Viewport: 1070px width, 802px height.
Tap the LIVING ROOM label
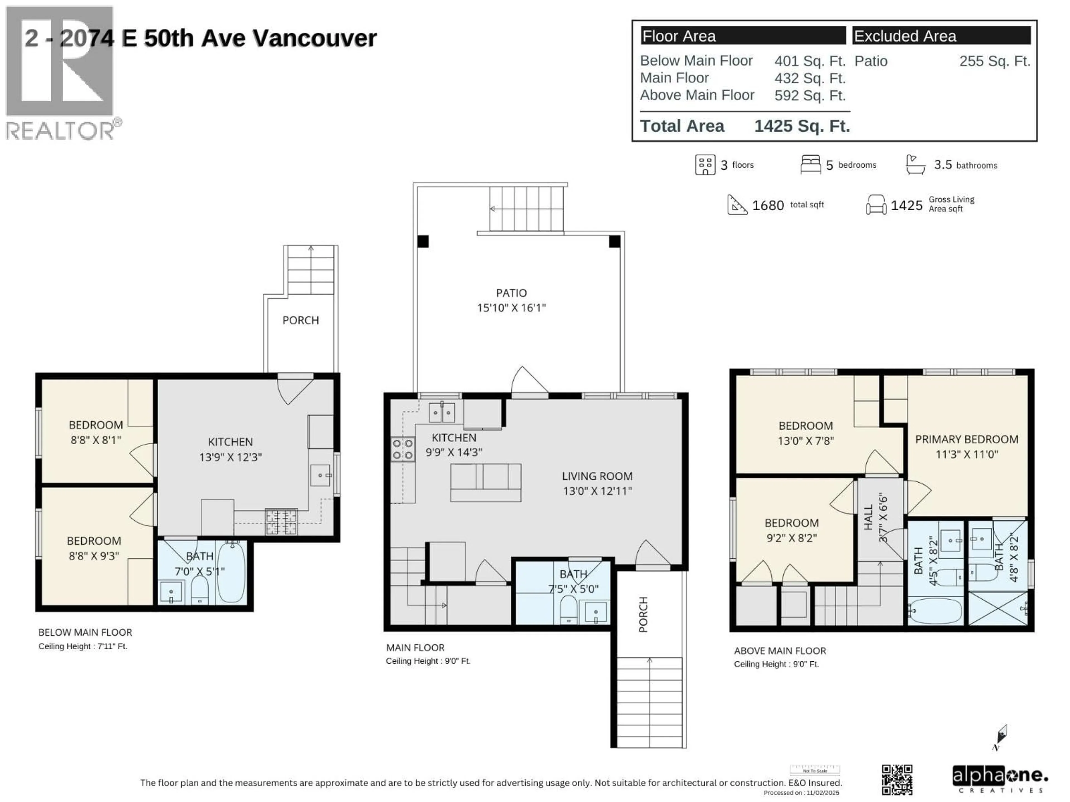(597, 476)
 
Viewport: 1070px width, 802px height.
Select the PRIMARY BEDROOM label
(966, 439)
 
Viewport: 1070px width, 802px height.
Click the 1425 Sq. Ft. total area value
(802, 126)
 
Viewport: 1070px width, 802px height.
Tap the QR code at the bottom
(897, 780)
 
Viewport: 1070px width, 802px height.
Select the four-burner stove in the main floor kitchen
(402, 449)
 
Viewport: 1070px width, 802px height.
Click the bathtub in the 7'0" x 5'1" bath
(231, 572)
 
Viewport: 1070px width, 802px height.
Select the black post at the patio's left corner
(423, 241)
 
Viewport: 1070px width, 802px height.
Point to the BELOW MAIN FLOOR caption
(85, 632)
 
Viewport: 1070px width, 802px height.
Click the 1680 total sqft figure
(768, 206)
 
